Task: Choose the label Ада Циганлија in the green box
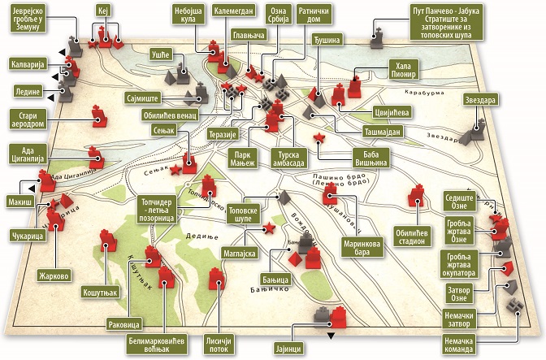click(32, 154)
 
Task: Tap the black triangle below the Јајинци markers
click(329, 335)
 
